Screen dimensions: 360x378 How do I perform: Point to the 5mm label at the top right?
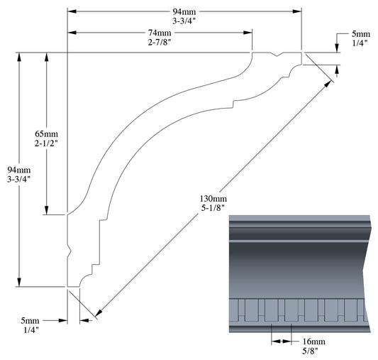point(360,34)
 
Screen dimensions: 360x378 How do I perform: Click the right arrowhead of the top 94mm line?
point(298,13)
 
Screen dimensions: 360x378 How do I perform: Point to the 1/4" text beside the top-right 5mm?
point(360,44)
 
